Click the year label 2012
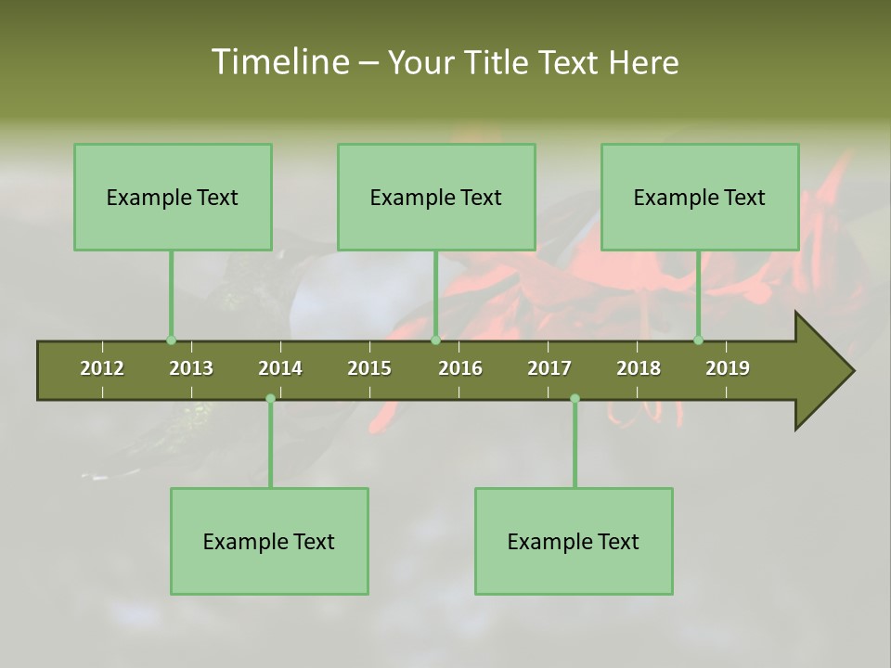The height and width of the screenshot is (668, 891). pos(102,368)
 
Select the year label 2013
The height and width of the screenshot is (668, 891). pos(191,368)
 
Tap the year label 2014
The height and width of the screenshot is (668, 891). pos(280,368)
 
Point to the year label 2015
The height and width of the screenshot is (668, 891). pos(369,368)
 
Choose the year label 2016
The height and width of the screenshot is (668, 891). pos(460,368)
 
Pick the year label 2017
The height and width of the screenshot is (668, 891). pos(549,368)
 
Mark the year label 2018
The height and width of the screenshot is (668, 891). pos(639,368)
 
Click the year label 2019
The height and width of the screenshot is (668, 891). pos(728,368)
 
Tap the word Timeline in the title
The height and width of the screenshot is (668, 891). pos(278,62)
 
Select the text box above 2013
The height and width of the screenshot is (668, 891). pos(173,197)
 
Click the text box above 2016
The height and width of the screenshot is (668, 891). pos(436,197)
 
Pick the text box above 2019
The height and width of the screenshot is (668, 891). pos(700,197)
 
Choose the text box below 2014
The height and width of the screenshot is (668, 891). pos(269,541)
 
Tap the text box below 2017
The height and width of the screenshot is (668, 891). pos(574,541)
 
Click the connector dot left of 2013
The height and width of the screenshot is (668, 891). pos(172,340)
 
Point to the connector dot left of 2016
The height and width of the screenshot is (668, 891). pos(435,340)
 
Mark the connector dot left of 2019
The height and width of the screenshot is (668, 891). pos(699,340)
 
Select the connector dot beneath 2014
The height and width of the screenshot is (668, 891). pos(270,399)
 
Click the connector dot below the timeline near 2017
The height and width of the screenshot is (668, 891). pos(575,399)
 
